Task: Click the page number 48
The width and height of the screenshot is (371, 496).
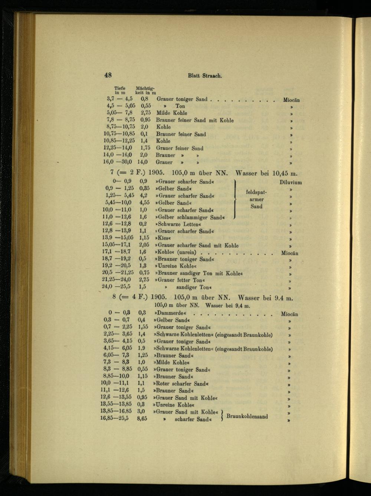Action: pos(108,75)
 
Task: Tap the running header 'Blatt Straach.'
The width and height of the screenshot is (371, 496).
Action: pos(205,76)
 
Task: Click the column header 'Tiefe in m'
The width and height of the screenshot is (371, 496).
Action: pos(120,90)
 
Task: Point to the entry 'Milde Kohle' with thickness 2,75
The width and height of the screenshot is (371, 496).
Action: pos(172,113)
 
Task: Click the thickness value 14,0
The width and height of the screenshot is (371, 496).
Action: pos(142,162)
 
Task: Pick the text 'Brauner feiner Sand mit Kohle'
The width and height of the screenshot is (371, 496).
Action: pos(195,120)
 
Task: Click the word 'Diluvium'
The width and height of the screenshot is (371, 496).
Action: pos(290,182)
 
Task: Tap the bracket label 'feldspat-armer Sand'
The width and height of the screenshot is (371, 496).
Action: pos(256,199)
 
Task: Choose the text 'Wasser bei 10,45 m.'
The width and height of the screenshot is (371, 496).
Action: pos(267,173)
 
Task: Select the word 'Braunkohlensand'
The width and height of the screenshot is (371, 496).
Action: pos(247,416)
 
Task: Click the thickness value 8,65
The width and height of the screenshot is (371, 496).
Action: pos(142,419)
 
